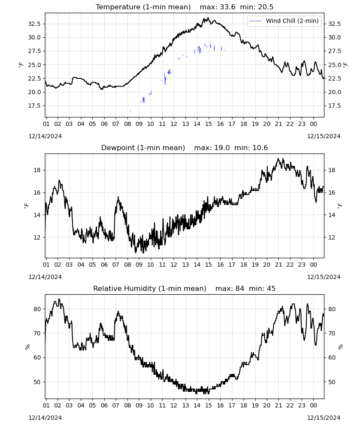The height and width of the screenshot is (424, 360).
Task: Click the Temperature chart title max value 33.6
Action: (x=228, y=7)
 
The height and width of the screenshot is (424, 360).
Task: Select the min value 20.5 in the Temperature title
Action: (x=266, y=7)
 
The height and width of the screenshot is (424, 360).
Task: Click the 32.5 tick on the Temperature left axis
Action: (x=34, y=24)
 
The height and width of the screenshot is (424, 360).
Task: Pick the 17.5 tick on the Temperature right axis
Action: (x=334, y=106)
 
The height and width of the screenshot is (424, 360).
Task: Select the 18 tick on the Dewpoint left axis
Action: (x=37, y=170)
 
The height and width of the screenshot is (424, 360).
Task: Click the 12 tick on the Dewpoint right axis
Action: (x=332, y=237)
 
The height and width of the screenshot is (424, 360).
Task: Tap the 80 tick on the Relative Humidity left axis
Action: (x=37, y=309)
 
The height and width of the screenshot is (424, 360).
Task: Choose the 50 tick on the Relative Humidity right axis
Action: (x=332, y=382)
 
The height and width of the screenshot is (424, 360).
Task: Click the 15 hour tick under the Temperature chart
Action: (x=208, y=124)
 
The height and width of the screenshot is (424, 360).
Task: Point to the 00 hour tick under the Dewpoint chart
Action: (x=313, y=265)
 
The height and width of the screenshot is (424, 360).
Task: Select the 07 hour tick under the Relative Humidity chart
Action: (x=116, y=405)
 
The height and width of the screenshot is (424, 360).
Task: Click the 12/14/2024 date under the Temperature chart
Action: (x=45, y=136)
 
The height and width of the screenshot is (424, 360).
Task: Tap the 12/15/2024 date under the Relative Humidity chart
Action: (x=324, y=418)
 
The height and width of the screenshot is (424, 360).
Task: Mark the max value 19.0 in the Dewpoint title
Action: (x=222, y=148)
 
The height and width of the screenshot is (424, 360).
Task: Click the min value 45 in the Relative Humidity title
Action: (x=271, y=288)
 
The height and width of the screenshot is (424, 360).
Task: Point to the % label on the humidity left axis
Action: (x=27, y=347)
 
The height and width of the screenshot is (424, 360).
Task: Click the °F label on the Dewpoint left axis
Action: (x=26, y=206)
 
